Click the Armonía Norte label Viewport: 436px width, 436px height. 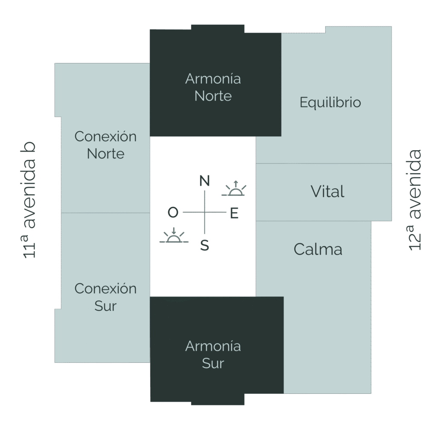[x=213, y=87]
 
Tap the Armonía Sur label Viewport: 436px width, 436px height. [x=213, y=354]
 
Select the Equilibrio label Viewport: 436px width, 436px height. [x=330, y=103]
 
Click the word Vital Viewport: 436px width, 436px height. [x=327, y=192]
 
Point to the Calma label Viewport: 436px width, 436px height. [x=318, y=250]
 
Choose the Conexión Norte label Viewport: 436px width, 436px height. [x=106, y=145]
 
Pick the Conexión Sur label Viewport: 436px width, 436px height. [x=106, y=297]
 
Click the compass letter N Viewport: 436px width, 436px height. [x=205, y=181]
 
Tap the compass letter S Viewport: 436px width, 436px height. [x=205, y=245]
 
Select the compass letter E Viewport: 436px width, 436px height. [x=235, y=214]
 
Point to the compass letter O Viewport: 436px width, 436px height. [x=173, y=212]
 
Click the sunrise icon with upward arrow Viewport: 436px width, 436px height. [x=235, y=189]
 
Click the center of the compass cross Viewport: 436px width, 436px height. [x=205, y=212]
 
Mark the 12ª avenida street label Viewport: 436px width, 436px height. [x=415, y=200]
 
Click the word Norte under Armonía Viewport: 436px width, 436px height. [x=213, y=96]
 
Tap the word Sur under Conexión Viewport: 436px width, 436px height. [x=106, y=306]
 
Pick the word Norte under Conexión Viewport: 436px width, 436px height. [x=106, y=154]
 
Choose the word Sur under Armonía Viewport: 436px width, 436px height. [x=213, y=363]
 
